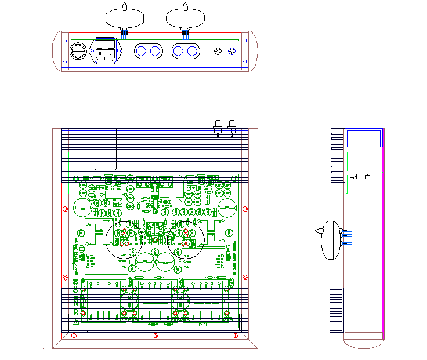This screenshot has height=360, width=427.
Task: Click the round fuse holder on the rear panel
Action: point(77,52)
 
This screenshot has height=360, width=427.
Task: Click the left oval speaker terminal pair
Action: point(147,52)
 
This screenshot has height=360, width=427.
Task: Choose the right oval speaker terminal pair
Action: point(186,52)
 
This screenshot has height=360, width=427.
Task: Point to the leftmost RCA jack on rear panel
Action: point(218,52)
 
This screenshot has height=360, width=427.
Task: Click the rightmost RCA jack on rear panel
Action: point(232,52)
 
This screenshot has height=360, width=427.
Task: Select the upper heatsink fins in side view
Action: point(336,155)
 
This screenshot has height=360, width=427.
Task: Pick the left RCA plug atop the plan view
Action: point(218,127)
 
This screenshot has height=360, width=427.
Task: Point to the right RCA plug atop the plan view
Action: point(231,127)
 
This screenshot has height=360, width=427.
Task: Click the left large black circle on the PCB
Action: point(124,238)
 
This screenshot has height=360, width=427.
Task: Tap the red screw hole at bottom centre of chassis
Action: point(154,336)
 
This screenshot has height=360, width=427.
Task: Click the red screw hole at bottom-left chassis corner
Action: point(73,336)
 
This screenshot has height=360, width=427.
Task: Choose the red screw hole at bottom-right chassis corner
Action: point(236,336)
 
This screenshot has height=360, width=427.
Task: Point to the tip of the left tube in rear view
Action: point(125,5)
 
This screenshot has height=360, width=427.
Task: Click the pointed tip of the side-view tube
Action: point(314,231)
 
